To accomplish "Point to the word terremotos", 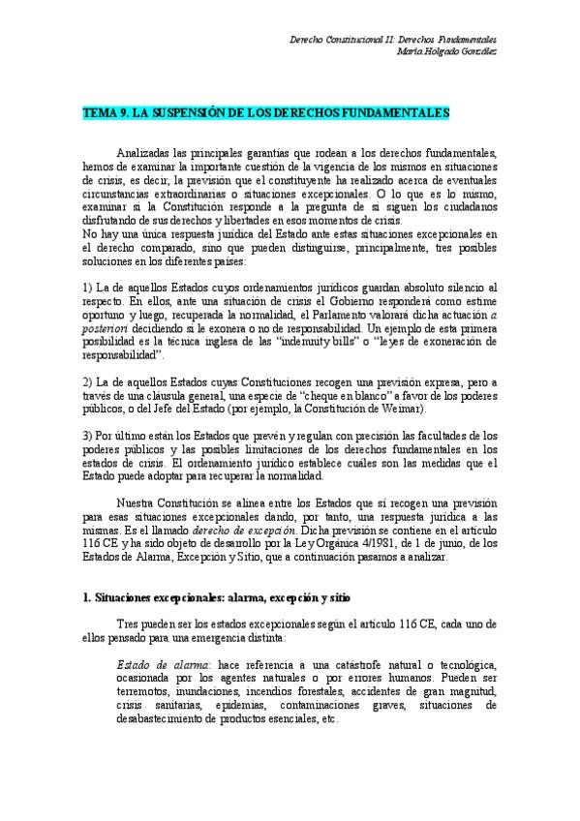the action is click(x=145, y=695).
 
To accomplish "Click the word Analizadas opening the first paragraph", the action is click(x=146, y=154).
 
